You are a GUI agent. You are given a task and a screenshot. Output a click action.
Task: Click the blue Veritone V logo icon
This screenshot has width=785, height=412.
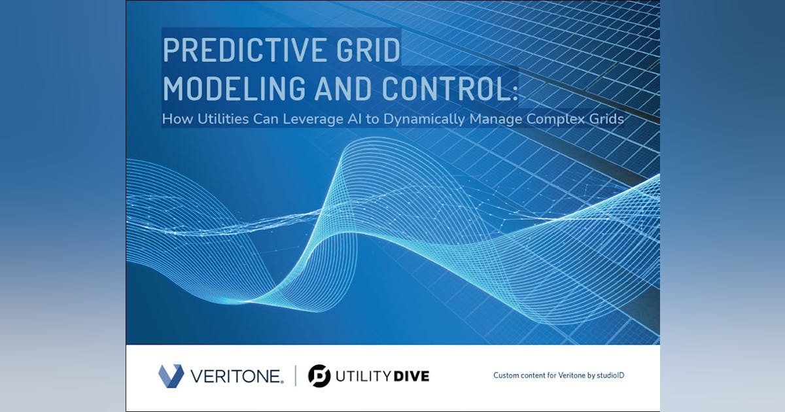(x=171, y=376)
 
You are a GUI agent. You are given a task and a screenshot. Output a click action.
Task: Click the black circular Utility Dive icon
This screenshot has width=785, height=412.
(x=319, y=376)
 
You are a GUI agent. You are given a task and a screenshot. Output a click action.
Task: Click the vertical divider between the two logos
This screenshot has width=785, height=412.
(x=295, y=376)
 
